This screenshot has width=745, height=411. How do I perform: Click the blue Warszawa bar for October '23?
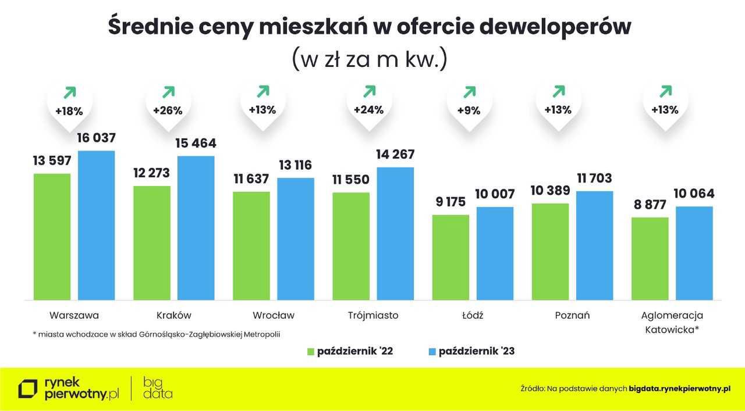click(x=97, y=226)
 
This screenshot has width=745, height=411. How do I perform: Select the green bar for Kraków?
click(x=152, y=243)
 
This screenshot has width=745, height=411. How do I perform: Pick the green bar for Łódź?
click(x=450, y=258)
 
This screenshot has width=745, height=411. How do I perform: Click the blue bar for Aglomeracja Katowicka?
click(x=694, y=253)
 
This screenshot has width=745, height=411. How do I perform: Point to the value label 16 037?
click(x=97, y=138)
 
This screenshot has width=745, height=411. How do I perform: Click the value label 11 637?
click(x=251, y=179)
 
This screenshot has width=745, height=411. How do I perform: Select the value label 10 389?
click(x=550, y=191)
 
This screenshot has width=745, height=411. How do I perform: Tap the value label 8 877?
click(x=650, y=205)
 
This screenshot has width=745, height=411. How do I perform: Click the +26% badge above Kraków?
click(x=168, y=109)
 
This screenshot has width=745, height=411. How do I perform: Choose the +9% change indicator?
click(x=469, y=109)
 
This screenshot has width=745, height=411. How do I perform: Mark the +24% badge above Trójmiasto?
click(x=369, y=109)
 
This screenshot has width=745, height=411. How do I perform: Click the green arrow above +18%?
click(x=70, y=92)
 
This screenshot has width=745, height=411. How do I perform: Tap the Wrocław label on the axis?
click(x=274, y=316)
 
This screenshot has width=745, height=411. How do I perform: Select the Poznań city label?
click(x=572, y=316)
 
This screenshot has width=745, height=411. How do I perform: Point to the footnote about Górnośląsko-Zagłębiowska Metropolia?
click(x=160, y=334)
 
